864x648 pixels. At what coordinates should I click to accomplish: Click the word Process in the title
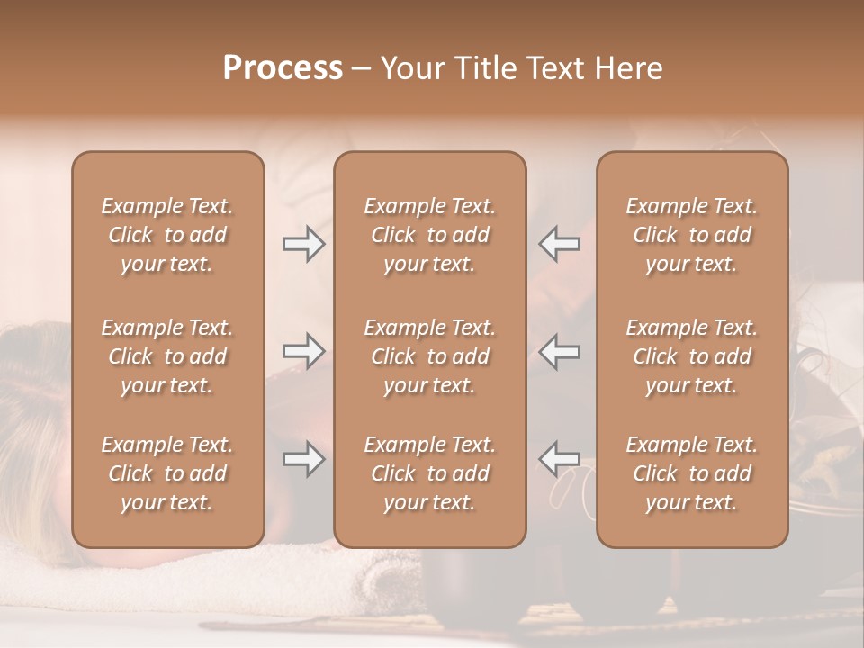[283, 68]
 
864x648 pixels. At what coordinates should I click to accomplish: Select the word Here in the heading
[627, 68]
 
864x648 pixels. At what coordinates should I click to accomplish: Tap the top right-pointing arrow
[303, 244]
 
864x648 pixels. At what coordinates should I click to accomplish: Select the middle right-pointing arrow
[303, 351]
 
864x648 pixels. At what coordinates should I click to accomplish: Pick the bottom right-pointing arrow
[303, 459]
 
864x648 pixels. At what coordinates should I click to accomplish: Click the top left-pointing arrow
[559, 244]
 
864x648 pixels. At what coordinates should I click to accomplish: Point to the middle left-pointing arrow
[559, 351]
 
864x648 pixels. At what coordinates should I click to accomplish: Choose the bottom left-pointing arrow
[559, 459]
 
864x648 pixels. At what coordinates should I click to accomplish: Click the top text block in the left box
[167, 235]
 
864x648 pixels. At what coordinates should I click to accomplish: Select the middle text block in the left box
[167, 356]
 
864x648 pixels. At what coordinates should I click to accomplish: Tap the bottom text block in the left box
[167, 473]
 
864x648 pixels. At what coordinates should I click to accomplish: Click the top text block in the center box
[430, 235]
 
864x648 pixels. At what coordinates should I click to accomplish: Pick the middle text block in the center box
[430, 356]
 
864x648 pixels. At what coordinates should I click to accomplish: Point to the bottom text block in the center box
[430, 473]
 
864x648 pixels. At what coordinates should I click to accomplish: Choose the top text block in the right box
[692, 235]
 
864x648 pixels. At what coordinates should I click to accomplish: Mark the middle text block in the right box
[692, 356]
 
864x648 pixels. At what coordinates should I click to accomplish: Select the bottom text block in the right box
[692, 473]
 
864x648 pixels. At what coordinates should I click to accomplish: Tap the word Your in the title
[409, 68]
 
